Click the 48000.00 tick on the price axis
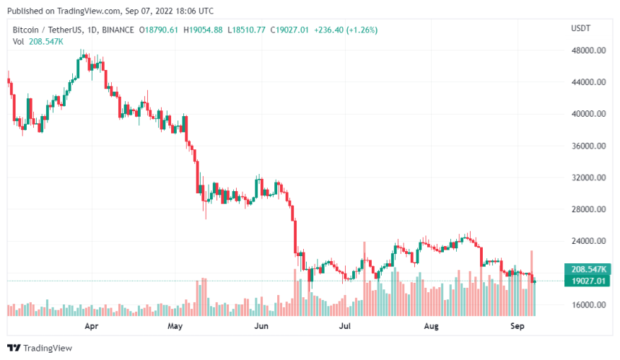coord(588,51)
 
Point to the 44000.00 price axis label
coord(588,82)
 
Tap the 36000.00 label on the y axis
coord(588,146)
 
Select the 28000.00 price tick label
coord(588,209)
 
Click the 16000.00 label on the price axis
coord(588,304)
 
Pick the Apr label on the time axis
coord(91,326)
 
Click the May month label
coord(175,326)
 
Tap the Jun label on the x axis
coord(261,326)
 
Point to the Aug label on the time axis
coord(431,326)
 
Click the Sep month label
coord(517,326)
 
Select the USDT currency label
coord(581,28)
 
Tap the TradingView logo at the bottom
coord(41,347)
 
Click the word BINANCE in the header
coord(118,30)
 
